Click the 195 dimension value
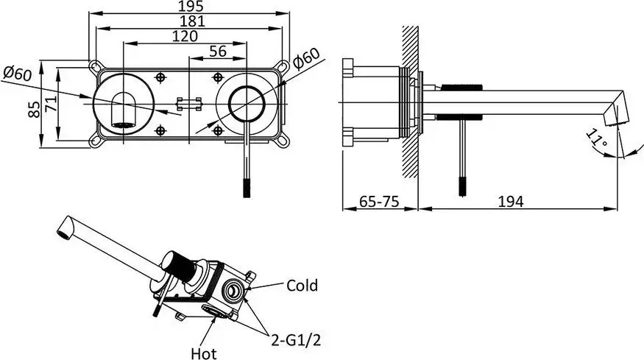192,6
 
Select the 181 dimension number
192,21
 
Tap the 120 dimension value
185,36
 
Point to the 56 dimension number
218,52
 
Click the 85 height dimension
35,109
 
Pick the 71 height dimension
51,105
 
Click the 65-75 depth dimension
379,202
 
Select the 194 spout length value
511,202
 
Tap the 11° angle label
597,140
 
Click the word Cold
302,285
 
